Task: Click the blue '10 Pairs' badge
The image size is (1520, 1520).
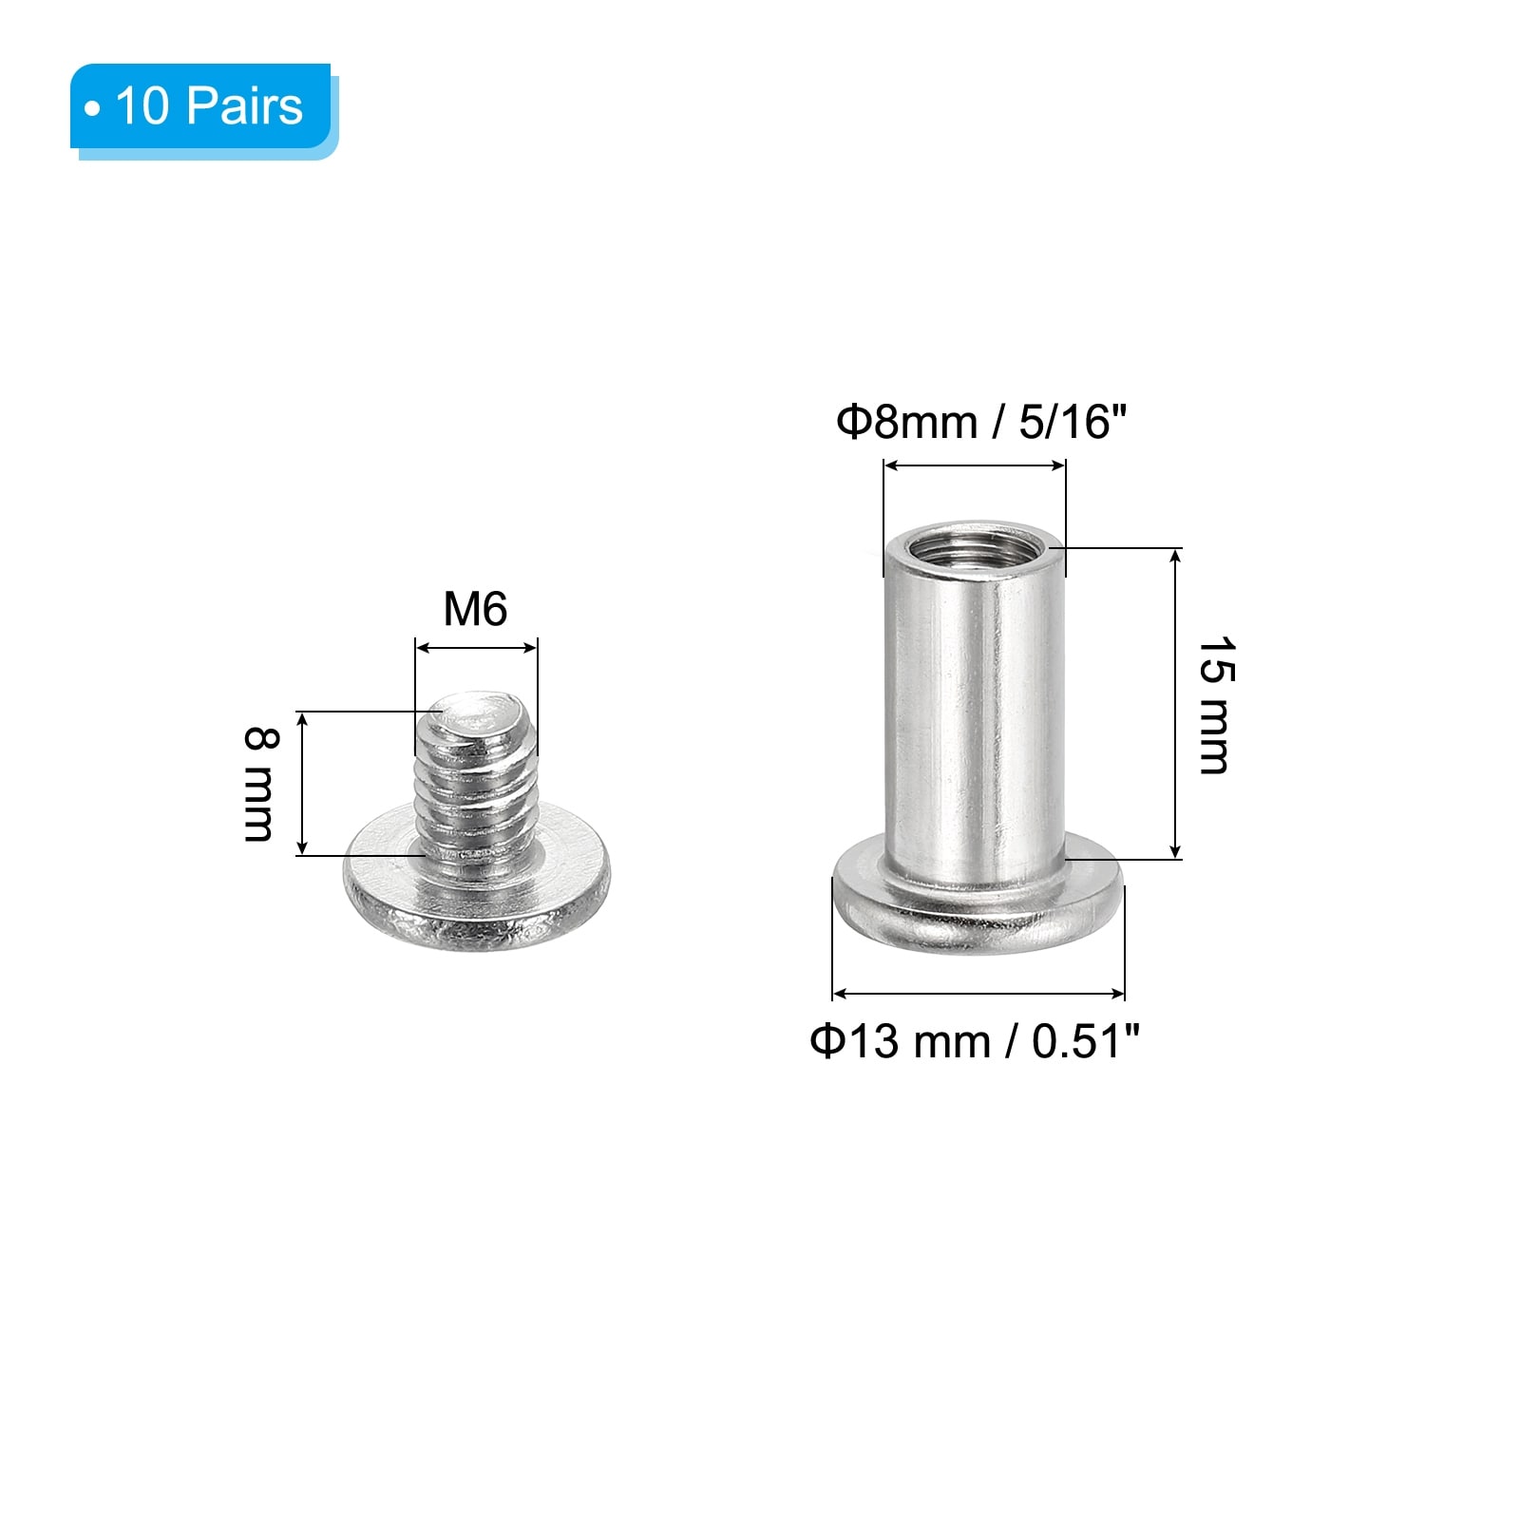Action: click(203, 107)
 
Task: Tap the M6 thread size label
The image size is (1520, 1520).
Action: click(475, 609)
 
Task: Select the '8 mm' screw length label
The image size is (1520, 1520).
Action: click(259, 784)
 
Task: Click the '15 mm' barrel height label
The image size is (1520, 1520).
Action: click(1215, 705)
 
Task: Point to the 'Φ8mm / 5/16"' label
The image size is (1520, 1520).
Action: click(981, 422)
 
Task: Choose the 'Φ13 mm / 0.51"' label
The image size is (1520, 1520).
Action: click(975, 1041)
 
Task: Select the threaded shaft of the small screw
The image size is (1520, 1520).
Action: click(476, 779)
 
